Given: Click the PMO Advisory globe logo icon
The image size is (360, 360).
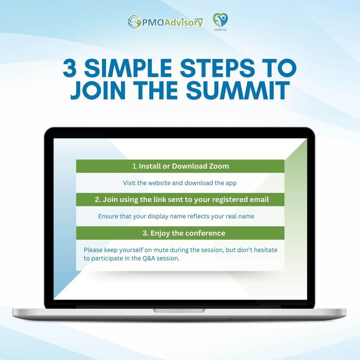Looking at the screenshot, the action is pos(134,22).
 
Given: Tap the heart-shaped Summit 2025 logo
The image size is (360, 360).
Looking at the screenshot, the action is pos(220,20).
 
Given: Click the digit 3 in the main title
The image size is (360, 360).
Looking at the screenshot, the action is pos(70,68).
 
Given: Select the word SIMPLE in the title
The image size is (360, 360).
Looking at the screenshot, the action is pos(128,68).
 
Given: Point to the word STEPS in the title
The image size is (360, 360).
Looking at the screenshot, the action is pos(217,68).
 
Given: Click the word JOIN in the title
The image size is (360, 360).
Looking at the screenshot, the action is pos(98,90).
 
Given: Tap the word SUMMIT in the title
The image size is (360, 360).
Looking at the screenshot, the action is pos(238,90).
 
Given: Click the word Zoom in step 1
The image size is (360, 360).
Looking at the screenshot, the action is pos(219,166).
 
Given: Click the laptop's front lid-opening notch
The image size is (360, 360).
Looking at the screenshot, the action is pos(179,311).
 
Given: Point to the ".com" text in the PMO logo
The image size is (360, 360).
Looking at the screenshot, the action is pos(198,19).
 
